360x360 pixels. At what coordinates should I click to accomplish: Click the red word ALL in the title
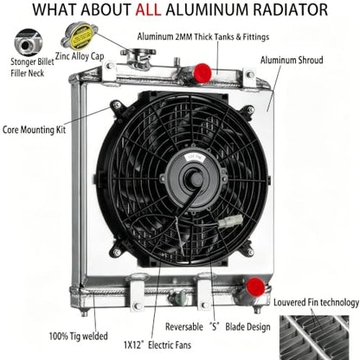pos(148,10)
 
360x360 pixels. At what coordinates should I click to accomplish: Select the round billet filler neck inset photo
pos(29,42)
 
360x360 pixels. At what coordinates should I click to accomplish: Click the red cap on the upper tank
pos(202,74)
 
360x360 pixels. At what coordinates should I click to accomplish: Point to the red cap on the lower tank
pos(255,287)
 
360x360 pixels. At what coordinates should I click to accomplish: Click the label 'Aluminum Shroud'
pos(292,61)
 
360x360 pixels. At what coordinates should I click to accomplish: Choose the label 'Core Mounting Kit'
pos(34,130)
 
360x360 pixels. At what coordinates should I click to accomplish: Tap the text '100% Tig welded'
pos(78,336)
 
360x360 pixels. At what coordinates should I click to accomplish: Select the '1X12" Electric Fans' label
pos(157,344)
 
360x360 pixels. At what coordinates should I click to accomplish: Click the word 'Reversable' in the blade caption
pos(184,327)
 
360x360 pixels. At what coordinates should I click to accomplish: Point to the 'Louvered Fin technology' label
pos(316,303)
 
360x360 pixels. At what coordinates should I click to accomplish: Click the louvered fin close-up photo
pos(314,337)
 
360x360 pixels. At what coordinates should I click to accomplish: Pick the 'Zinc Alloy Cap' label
pos(80,56)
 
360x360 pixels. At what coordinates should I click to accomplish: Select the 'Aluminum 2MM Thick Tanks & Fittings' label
pos(203,37)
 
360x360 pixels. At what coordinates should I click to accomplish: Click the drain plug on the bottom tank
pos(179,296)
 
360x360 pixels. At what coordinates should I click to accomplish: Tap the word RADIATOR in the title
pos(291,10)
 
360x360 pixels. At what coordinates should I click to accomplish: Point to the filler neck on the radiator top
pos(138,59)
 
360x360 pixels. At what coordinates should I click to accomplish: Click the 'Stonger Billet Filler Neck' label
pos(32,67)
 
